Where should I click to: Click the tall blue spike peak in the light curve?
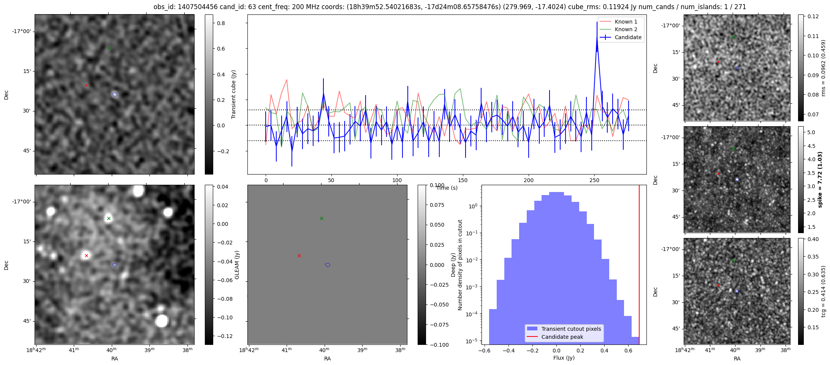597,40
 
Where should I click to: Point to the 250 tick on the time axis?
594,180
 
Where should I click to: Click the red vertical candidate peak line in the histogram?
639,266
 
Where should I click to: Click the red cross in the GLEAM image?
86,255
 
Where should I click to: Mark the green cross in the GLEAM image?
109,218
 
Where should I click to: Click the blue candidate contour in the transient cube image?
115,95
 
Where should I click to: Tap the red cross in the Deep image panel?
299,255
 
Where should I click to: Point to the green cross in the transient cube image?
109,48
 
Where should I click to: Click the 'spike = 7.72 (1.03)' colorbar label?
820,179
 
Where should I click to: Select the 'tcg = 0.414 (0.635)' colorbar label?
823,291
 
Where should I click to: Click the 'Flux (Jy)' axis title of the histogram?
564,358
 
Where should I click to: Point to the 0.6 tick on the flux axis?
629,351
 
